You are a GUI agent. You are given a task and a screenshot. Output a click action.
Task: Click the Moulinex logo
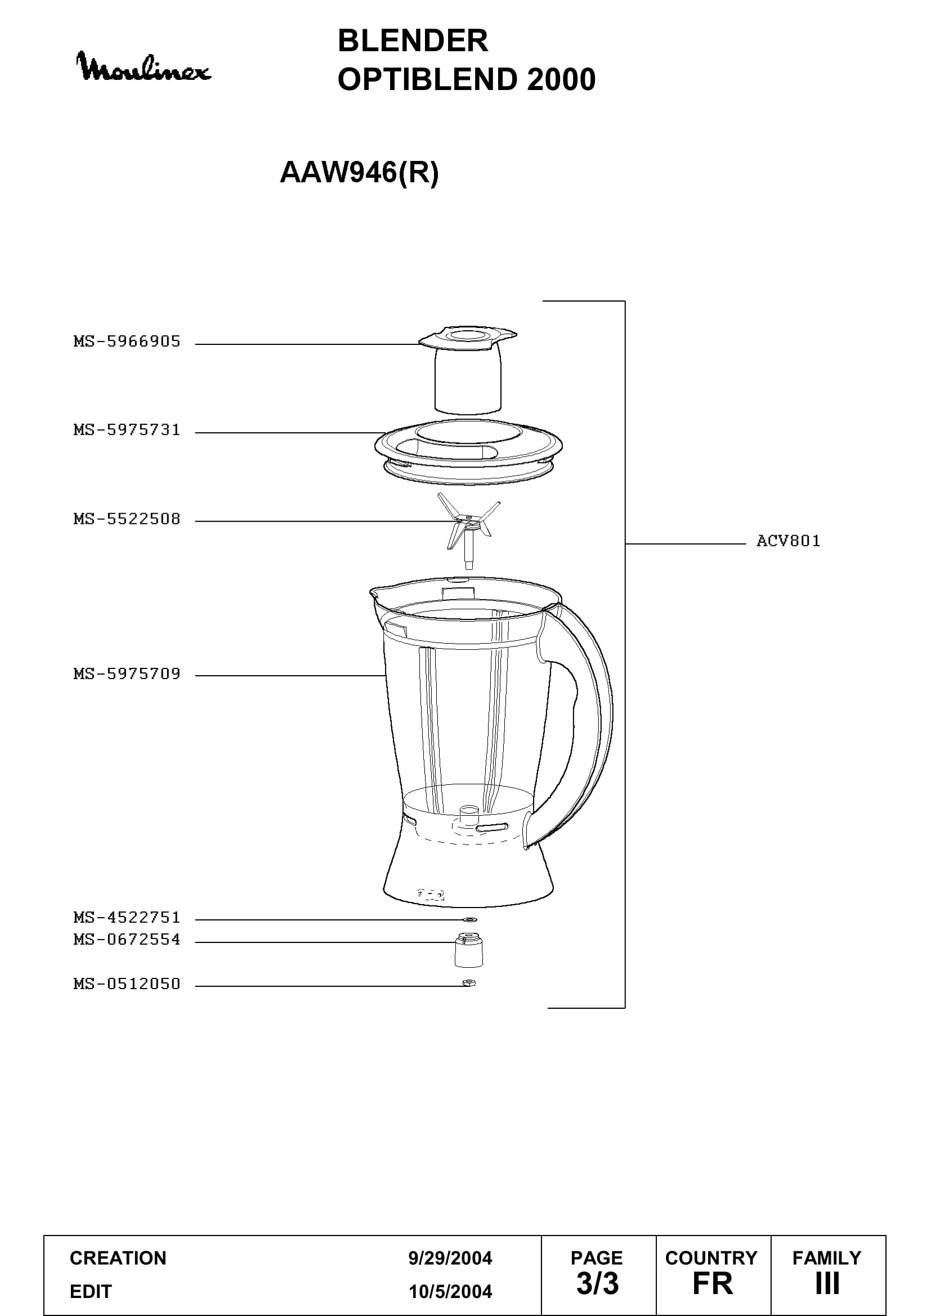(x=144, y=67)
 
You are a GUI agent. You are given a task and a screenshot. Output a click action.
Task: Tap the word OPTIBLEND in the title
(x=428, y=79)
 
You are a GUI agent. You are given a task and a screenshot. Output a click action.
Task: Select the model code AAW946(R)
(x=359, y=172)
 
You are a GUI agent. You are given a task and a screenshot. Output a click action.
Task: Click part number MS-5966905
(x=127, y=342)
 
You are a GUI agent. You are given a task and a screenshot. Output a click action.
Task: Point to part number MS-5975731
(x=127, y=430)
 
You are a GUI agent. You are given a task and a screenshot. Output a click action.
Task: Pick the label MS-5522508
(x=127, y=519)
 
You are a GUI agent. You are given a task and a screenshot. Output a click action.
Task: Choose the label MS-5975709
(x=127, y=673)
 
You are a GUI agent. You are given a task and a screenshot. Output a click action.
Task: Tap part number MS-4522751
(x=127, y=917)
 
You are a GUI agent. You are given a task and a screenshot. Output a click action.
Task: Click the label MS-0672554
(x=127, y=940)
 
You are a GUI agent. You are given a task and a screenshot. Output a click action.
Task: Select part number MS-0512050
(x=127, y=983)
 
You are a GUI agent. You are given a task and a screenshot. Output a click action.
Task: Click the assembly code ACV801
(x=788, y=541)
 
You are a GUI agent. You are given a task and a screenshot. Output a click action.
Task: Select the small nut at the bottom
(x=469, y=983)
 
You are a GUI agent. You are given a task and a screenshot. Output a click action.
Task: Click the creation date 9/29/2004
(x=450, y=1258)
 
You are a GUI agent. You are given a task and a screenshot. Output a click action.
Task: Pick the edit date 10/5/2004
(x=450, y=1291)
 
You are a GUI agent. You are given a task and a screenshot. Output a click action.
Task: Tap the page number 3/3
(x=597, y=1283)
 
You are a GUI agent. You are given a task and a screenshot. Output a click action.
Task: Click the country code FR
(x=713, y=1283)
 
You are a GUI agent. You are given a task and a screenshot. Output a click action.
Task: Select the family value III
(x=827, y=1283)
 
